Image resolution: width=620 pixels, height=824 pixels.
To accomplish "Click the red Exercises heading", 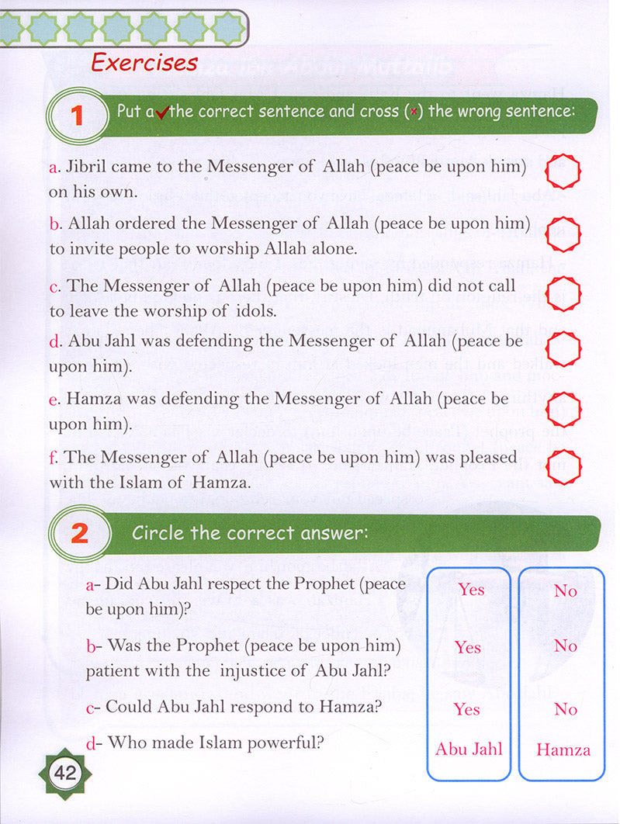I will [x=144, y=62].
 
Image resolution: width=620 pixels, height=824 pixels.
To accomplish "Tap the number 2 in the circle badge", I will [x=78, y=534].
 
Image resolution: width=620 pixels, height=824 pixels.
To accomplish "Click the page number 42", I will [x=62, y=773].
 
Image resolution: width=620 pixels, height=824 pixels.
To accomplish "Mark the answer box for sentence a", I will [x=563, y=171].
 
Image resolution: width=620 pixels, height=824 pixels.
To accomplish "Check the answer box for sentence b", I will [x=563, y=233].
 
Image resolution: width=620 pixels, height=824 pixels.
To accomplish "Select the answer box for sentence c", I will [x=563, y=292].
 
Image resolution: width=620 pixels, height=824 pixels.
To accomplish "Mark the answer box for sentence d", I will [x=563, y=349].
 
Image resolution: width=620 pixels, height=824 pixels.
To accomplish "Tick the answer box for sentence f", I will [x=563, y=467].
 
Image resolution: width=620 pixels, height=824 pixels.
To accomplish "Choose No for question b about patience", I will [x=565, y=646].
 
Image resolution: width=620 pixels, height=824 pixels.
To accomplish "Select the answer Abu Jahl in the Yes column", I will [x=469, y=750].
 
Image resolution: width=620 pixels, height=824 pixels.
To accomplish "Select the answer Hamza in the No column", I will [x=563, y=750].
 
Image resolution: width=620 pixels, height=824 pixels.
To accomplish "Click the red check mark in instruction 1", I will [x=162, y=113].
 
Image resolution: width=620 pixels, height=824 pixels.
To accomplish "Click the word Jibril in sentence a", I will [x=90, y=167].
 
